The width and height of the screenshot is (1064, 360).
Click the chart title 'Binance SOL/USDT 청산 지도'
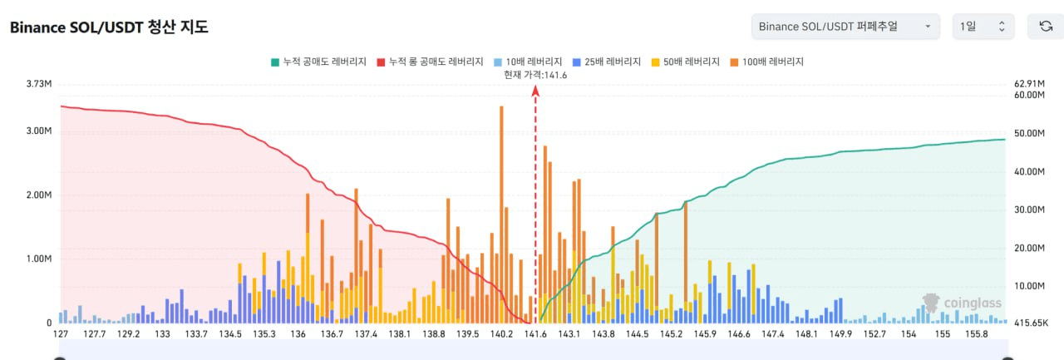(x=108, y=27)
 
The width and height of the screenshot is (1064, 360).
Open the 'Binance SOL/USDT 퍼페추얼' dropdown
(x=845, y=27)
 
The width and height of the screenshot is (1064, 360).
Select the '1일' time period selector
(x=983, y=27)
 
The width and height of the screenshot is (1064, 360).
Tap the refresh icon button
(x=1046, y=27)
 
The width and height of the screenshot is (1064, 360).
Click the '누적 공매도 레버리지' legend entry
(x=318, y=62)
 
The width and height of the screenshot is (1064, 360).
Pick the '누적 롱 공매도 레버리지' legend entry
(x=430, y=62)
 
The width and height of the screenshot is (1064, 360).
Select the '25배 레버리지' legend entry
(x=606, y=62)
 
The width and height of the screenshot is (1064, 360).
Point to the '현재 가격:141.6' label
(x=535, y=75)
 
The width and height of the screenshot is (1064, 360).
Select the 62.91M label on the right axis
(x=1029, y=84)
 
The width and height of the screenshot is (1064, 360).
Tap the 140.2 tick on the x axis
(x=502, y=333)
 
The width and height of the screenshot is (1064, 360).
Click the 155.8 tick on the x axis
(x=976, y=333)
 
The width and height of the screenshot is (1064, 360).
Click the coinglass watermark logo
(x=963, y=303)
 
